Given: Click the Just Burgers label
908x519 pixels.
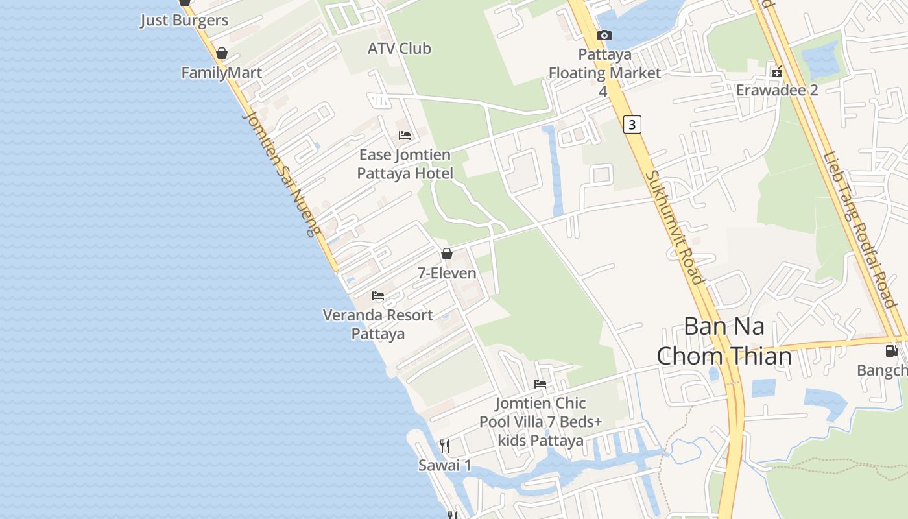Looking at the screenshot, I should pyautogui.click(x=185, y=20).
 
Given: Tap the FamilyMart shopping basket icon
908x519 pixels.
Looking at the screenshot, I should pyautogui.click(x=222, y=53).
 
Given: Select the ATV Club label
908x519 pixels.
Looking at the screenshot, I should pyautogui.click(x=399, y=49).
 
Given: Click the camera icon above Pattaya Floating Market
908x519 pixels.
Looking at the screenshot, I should pyautogui.click(x=604, y=35).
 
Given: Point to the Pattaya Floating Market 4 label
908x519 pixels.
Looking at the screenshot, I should pyautogui.click(x=604, y=73).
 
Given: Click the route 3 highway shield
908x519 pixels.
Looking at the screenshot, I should pyautogui.click(x=632, y=125).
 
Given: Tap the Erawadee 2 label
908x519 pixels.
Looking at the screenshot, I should pyautogui.click(x=777, y=90).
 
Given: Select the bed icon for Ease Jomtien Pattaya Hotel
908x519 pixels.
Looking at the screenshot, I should pyautogui.click(x=405, y=136).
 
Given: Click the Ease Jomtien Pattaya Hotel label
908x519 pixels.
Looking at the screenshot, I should pyautogui.click(x=405, y=164).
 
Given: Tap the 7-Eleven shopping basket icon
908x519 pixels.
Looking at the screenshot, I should pyautogui.click(x=447, y=254).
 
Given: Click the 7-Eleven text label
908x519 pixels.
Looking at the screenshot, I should pyautogui.click(x=447, y=273).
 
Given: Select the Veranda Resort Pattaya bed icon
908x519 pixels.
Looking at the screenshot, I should pyautogui.click(x=378, y=296).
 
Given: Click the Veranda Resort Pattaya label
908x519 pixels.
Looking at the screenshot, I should pyautogui.click(x=378, y=324).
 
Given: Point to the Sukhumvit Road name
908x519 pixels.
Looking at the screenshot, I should pyautogui.click(x=675, y=227).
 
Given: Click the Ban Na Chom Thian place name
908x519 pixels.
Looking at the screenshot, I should pyautogui.click(x=724, y=341).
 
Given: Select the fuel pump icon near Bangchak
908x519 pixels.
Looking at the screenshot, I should pyautogui.click(x=892, y=351).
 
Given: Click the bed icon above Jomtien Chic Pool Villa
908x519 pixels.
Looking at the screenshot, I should pyautogui.click(x=540, y=384).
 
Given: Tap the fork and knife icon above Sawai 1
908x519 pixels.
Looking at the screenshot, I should pyautogui.click(x=445, y=446).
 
